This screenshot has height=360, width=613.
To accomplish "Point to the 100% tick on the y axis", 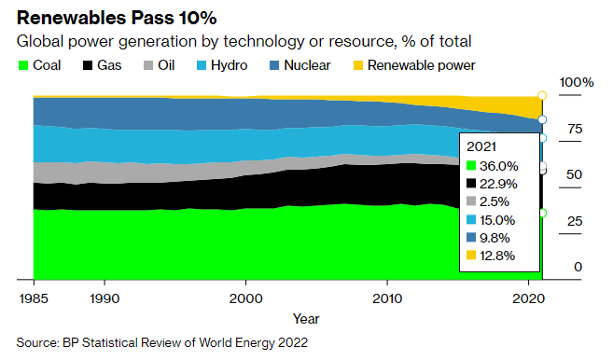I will (x=576, y=83).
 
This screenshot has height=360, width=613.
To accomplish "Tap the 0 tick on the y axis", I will (x=578, y=268).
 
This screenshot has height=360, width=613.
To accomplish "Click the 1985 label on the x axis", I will (x=34, y=298).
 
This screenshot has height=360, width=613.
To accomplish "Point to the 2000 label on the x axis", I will (x=245, y=298).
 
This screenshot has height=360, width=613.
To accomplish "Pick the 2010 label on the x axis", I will (x=386, y=298).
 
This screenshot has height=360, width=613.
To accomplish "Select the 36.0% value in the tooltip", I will (x=499, y=166).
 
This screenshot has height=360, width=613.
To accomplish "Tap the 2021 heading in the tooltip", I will (x=481, y=146).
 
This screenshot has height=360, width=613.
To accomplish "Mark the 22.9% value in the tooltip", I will (x=499, y=184).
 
